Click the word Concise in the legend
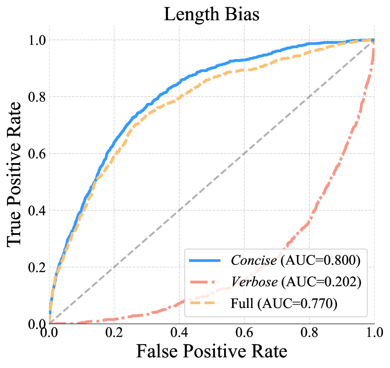coord(253,260)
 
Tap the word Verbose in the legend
coord(254,282)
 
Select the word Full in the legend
coord(242,304)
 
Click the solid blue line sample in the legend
coord(205,260)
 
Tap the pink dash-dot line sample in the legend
coord(205,282)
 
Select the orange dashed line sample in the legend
coord(205,304)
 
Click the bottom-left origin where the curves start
coord(49,323)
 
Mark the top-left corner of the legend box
coord(185,249)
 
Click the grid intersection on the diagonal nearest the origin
coord(114,267)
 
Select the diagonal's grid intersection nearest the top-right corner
coord(309,96)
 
